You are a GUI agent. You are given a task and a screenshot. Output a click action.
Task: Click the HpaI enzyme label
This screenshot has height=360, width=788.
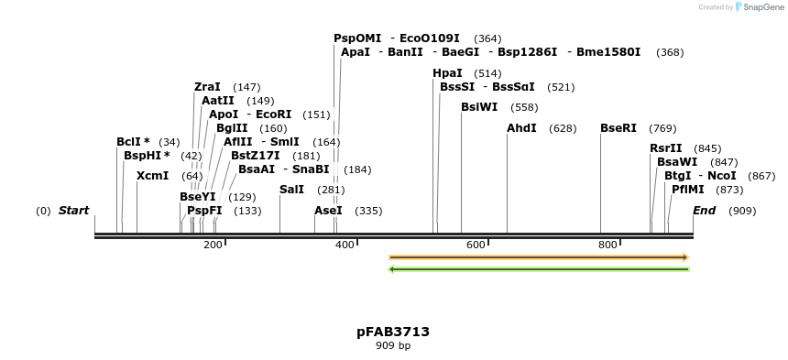pyautogui.click(x=447, y=73)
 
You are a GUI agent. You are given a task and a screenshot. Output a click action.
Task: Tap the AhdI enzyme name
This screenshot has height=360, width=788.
pyautogui.click(x=521, y=128)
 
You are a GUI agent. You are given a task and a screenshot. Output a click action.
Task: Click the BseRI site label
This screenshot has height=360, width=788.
pyautogui.click(x=618, y=128)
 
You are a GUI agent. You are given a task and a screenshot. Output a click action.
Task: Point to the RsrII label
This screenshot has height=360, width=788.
pyautogui.click(x=665, y=148)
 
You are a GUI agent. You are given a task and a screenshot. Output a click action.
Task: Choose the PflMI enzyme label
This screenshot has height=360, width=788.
pyautogui.click(x=687, y=190)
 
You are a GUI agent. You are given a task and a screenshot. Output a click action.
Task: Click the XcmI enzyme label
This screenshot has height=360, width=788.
pyautogui.click(x=152, y=176)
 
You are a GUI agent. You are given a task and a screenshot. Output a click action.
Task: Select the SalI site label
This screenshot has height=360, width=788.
pyautogui.click(x=291, y=190)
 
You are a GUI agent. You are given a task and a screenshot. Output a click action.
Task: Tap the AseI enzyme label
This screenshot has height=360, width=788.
pyautogui.click(x=328, y=211)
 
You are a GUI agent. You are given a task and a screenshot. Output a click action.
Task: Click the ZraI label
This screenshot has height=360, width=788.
pyautogui.click(x=207, y=87)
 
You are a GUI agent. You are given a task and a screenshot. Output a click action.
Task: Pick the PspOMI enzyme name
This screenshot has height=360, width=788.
pyautogui.click(x=357, y=38)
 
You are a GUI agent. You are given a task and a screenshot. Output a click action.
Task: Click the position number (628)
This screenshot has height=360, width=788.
pyautogui.click(x=563, y=128)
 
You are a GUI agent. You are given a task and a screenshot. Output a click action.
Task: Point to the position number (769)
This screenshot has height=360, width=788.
pyautogui.click(x=662, y=128)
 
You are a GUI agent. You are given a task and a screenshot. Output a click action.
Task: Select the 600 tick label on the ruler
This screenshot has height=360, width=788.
pyautogui.click(x=476, y=245)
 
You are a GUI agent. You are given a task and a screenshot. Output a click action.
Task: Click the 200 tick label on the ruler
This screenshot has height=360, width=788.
pyautogui.click(x=212, y=245)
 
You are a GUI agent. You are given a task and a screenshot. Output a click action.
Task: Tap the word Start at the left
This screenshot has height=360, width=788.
pyautogui.click(x=73, y=211)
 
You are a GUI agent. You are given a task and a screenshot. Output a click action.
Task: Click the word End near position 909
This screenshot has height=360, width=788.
pyautogui.click(x=704, y=211)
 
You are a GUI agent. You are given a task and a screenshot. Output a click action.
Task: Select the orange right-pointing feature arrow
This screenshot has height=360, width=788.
pyautogui.click(x=539, y=257)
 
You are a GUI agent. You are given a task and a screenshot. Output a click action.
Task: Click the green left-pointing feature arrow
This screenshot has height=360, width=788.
pyautogui.click(x=539, y=269)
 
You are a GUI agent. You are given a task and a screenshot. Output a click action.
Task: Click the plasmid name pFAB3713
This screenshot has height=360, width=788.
pyautogui.click(x=393, y=332)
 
